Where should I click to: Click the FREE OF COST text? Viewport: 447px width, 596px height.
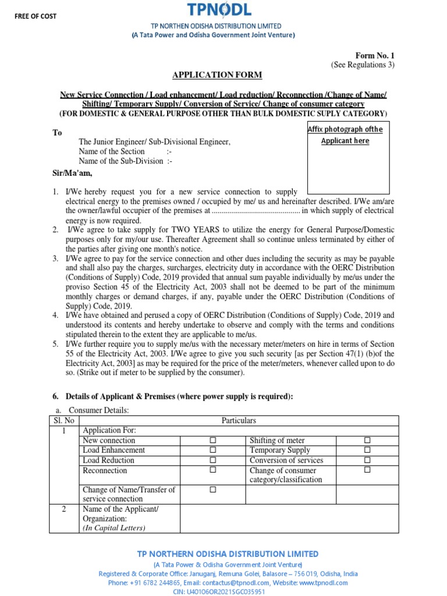coord(36,16)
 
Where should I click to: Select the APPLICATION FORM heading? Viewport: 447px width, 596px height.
coord(217,75)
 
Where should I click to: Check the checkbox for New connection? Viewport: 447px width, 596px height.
coord(212,441)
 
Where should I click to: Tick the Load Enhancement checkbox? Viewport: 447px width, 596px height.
coord(212,450)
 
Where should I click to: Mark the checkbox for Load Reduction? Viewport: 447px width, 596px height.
coord(212,460)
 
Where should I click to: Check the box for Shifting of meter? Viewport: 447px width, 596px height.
coord(367,441)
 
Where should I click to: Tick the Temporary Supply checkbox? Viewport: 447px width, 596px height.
coord(367,450)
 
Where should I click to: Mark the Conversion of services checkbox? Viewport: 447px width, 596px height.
coord(367,460)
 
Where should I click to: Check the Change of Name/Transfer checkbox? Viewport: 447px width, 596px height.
coord(212,490)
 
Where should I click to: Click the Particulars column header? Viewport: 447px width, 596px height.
coord(239,420)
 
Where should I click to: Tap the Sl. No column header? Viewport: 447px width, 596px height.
coord(61,420)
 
